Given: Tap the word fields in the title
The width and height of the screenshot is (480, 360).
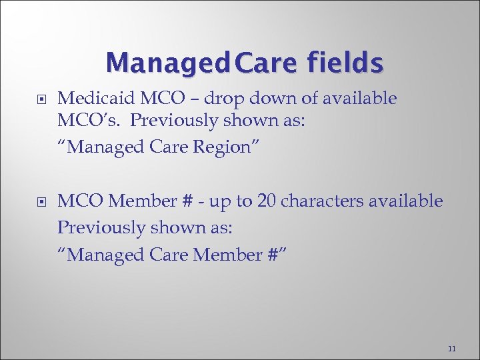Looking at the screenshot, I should tap(345, 63).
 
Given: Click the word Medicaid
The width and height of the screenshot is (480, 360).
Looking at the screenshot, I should tap(95, 99).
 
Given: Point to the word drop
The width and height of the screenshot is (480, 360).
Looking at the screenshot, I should tap(224, 99).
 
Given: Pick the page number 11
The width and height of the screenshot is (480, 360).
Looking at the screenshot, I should tap(452, 349).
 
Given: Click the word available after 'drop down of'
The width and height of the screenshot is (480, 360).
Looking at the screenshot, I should tap(361, 99).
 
